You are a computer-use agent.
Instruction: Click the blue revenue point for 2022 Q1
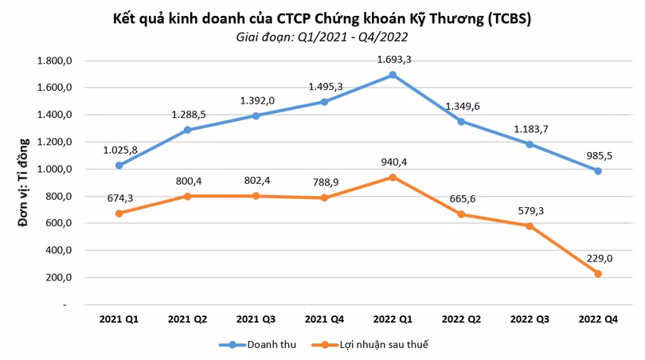pyautogui.click(x=392, y=75)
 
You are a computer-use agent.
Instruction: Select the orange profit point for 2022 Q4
pyautogui.click(x=597, y=274)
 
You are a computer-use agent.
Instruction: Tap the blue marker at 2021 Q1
pyautogui.click(x=119, y=166)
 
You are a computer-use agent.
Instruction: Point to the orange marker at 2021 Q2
pyautogui.click(x=187, y=196)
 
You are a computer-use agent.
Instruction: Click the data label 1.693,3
pyautogui.click(x=392, y=59)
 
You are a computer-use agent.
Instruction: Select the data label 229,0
pyautogui.click(x=597, y=256)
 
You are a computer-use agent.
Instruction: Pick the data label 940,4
pyautogui.click(x=392, y=161)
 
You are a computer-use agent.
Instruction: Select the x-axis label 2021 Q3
pyautogui.click(x=256, y=319)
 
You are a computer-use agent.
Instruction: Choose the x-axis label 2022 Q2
pyautogui.click(x=460, y=319)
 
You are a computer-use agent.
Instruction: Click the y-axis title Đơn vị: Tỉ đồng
pyautogui.click(x=23, y=182)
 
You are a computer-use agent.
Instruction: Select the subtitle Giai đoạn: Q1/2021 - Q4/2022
pyautogui.click(x=323, y=37)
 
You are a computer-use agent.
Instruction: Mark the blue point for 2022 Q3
pyautogui.click(x=529, y=144)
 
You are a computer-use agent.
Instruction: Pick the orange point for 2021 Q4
pyautogui.click(x=323, y=198)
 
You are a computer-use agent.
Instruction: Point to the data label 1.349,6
pyautogui.click(x=460, y=105)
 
